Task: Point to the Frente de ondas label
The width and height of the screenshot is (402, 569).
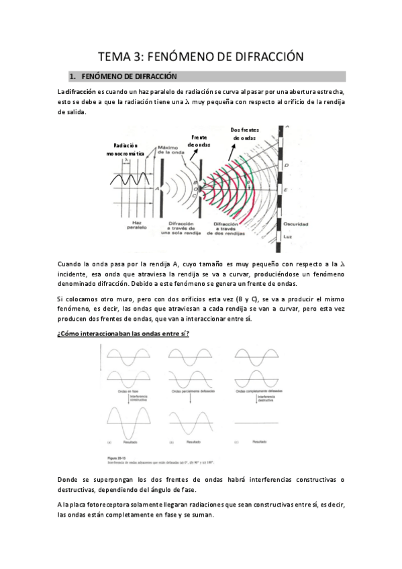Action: tap(199, 140)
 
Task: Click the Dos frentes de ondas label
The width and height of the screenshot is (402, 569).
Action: tap(246, 134)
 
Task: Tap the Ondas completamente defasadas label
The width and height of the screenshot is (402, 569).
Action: tap(258, 390)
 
